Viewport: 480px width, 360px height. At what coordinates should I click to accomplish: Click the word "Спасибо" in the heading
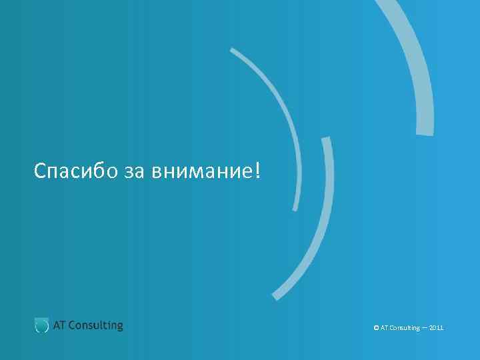[77, 171]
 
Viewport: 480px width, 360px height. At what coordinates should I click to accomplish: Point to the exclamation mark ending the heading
[258, 171]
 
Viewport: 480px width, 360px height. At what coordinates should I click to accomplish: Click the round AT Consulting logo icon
[41, 325]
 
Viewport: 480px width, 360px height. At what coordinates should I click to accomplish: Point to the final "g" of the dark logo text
[119, 327]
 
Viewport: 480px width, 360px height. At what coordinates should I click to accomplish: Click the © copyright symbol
[377, 328]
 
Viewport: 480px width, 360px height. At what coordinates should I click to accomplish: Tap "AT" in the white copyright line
[384, 328]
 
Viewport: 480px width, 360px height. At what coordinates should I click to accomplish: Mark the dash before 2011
[425, 328]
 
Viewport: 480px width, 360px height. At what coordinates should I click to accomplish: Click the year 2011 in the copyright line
[437, 328]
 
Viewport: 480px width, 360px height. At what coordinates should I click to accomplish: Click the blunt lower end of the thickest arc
[425, 131]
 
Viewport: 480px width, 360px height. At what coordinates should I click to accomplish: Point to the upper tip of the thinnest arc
[232, 49]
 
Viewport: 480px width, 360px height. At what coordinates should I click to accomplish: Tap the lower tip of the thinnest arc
[293, 209]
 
